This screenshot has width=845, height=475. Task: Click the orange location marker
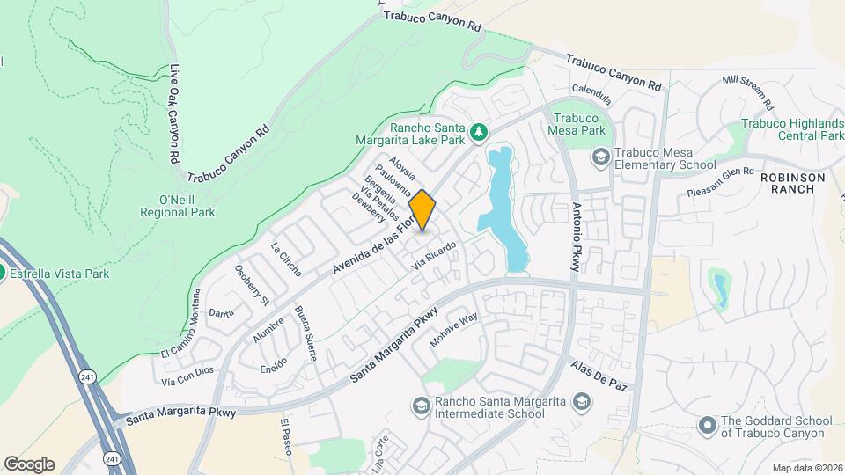[x=422, y=210]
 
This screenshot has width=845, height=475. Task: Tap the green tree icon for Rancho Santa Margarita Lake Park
[x=479, y=133]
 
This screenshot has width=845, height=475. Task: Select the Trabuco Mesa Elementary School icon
[x=601, y=157]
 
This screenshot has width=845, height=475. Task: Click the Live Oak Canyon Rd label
[x=174, y=115]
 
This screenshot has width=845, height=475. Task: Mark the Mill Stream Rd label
[x=747, y=91]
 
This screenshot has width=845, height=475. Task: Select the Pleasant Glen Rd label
[x=721, y=181]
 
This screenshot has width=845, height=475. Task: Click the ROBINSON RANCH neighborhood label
[x=792, y=184]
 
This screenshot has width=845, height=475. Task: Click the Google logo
[x=29, y=464]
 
